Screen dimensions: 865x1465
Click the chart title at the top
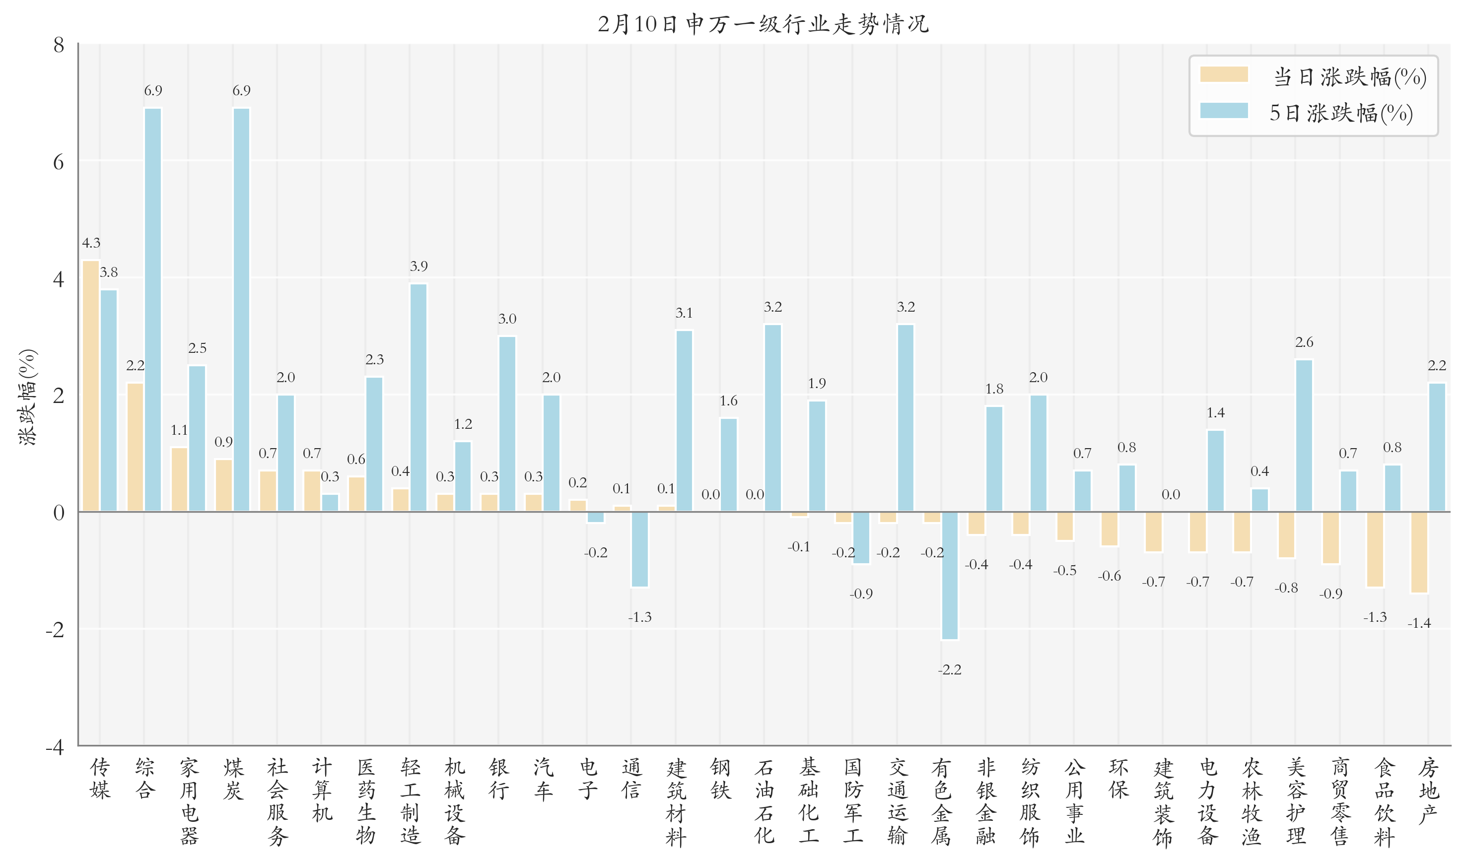(x=763, y=24)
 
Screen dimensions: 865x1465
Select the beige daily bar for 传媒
(x=91, y=386)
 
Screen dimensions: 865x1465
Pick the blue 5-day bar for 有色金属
(x=950, y=575)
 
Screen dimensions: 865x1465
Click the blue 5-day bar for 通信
(x=639, y=549)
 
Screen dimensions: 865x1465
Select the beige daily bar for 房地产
(x=1419, y=552)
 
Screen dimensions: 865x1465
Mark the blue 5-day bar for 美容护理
(x=1304, y=435)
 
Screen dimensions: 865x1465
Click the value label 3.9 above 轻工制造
(x=419, y=266)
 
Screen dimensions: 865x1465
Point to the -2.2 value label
(x=950, y=670)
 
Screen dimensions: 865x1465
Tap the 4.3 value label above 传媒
(x=91, y=243)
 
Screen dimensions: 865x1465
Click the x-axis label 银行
(x=499, y=779)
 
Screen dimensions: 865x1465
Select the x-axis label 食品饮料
(x=1384, y=801)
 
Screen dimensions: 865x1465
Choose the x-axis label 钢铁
(x=720, y=779)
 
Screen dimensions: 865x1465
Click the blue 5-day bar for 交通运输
(x=906, y=418)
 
